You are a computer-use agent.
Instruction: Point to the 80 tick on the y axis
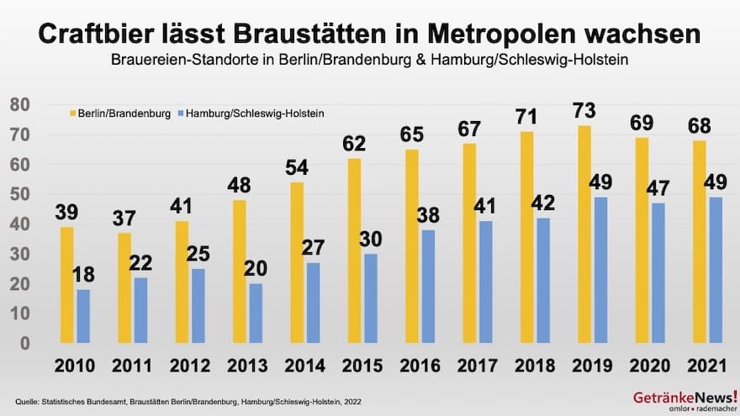pos(19,104)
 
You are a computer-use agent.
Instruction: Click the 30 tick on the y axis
pos(19,254)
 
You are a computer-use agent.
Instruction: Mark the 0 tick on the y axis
pos(24,343)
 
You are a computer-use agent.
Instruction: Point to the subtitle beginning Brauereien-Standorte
pos(369,61)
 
